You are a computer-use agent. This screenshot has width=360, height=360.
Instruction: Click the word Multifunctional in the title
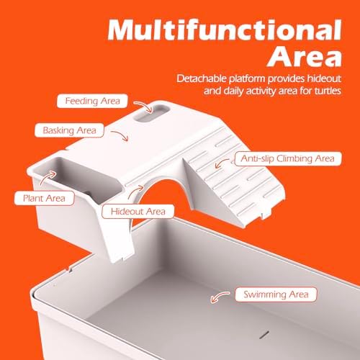click(225, 30)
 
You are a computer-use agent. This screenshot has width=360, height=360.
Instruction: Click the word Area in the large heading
click(305, 56)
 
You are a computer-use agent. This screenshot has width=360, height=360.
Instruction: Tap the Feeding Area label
click(92, 101)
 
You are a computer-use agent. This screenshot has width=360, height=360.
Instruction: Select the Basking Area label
click(69, 130)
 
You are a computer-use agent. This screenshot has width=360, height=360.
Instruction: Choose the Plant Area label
click(44, 198)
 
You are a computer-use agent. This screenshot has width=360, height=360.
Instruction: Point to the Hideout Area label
click(138, 212)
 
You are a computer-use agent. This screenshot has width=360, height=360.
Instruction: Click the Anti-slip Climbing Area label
click(288, 158)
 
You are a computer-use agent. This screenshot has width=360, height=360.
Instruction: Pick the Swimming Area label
click(276, 294)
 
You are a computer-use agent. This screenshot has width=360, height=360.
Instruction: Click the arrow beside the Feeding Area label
click(144, 105)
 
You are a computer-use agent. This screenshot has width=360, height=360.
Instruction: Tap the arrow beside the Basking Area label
click(121, 135)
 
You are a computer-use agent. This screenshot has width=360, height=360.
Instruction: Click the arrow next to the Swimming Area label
click(219, 296)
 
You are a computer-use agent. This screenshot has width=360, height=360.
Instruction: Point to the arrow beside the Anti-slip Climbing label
click(221, 163)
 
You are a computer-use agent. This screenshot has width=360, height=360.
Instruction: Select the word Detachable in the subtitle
click(202, 78)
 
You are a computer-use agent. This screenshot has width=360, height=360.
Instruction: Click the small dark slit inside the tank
click(264, 335)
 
